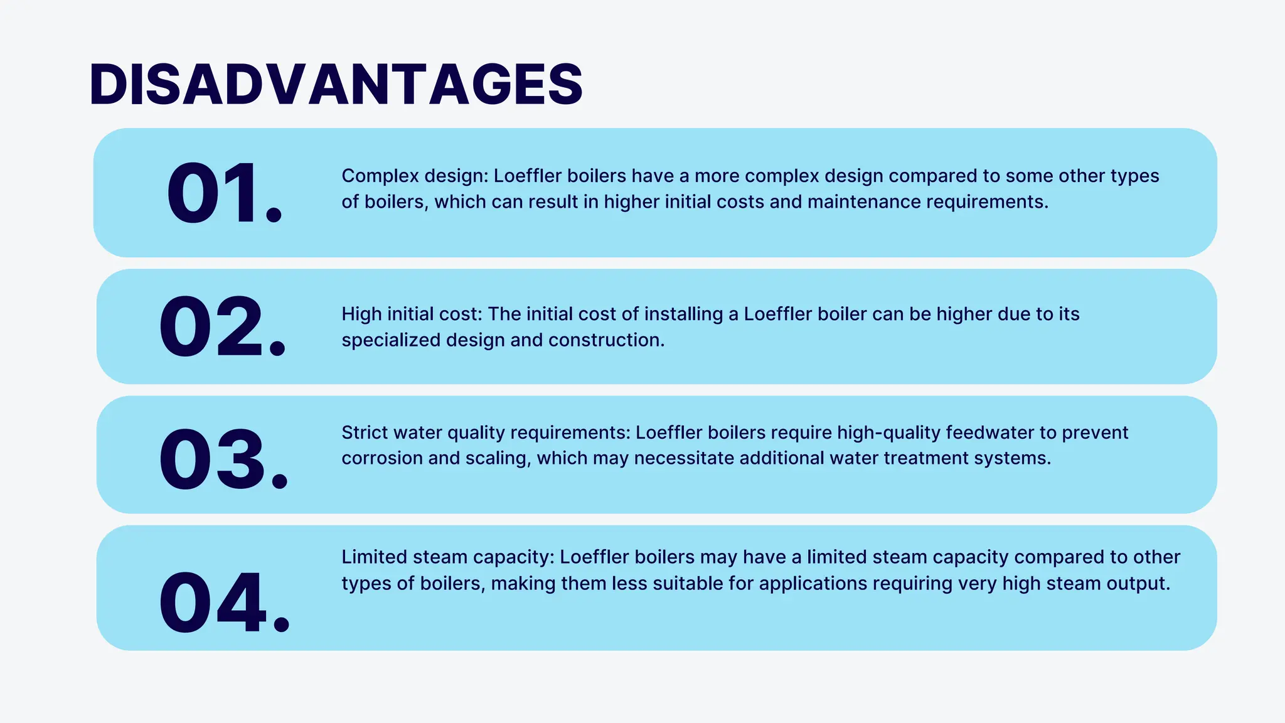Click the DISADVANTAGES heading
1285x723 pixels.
336,84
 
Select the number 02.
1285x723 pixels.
222,327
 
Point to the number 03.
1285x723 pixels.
223,459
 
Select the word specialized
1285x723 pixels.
391,340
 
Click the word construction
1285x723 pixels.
606,340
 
